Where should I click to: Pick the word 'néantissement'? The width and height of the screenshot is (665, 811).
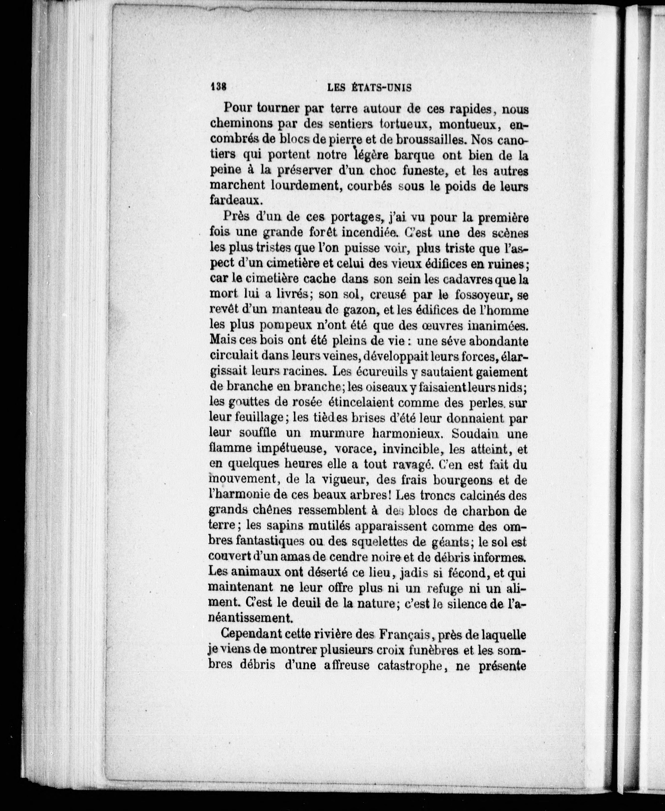(x=251, y=618)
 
